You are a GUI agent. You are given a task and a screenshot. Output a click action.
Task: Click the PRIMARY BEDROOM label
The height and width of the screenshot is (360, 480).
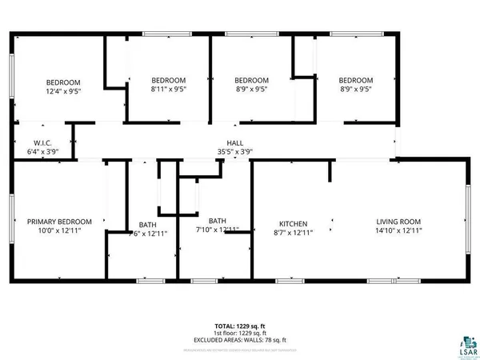pyautogui.click(x=59, y=222)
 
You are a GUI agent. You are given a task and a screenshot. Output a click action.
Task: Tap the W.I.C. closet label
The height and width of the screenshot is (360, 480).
pyautogui.click(x=32, y=142)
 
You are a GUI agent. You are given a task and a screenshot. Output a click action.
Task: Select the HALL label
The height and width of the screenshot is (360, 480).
pyautogui.click(x=234, y=142)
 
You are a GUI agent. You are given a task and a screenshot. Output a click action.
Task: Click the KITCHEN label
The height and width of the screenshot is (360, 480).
pyautogui.click(x=293, y=222)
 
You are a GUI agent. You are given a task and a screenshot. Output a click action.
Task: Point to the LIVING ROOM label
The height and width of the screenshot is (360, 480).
pyautogui.click(x=399, y=222)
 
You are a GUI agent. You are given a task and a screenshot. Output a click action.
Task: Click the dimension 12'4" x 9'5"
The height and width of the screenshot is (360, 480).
pyautogui.click(x=62, y=91)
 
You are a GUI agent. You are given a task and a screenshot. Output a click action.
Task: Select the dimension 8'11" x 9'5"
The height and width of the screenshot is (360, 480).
pyautogui.click(x=169, y=90)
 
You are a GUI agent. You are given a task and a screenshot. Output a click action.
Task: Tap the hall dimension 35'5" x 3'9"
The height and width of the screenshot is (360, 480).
pyautogui.click(x=235, y=151)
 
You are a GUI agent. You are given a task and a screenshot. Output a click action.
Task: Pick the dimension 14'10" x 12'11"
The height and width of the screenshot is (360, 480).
pyautogui.click(x=399, y=230)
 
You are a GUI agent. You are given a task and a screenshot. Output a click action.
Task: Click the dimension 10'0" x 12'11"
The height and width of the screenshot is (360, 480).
pyautogui.click(x=59, y=230)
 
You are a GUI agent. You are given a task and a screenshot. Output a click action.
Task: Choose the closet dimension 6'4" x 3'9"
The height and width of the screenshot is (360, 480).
pyautogui.click(x=32, y=150)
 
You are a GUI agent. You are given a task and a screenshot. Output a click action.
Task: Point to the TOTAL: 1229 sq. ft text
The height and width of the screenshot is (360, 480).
pyautogui.click(x=239, y=326)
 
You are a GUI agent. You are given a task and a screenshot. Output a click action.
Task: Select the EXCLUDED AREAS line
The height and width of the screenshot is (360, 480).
pyautogui.click(x=239, y=340)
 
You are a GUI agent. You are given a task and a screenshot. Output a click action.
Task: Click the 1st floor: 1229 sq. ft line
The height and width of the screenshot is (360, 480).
pyautogui.click(x=239, y=333)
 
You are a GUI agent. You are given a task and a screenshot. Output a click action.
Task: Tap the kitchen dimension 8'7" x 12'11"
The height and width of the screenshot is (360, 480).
pyautogui.click(x=293, y=231)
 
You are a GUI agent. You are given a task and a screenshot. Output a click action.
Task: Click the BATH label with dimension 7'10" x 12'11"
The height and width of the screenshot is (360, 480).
pyautogui.click(x=218, y=221)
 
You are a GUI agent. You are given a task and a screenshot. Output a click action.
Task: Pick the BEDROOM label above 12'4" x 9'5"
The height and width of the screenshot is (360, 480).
pyautogui.click(x=62, y=82)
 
